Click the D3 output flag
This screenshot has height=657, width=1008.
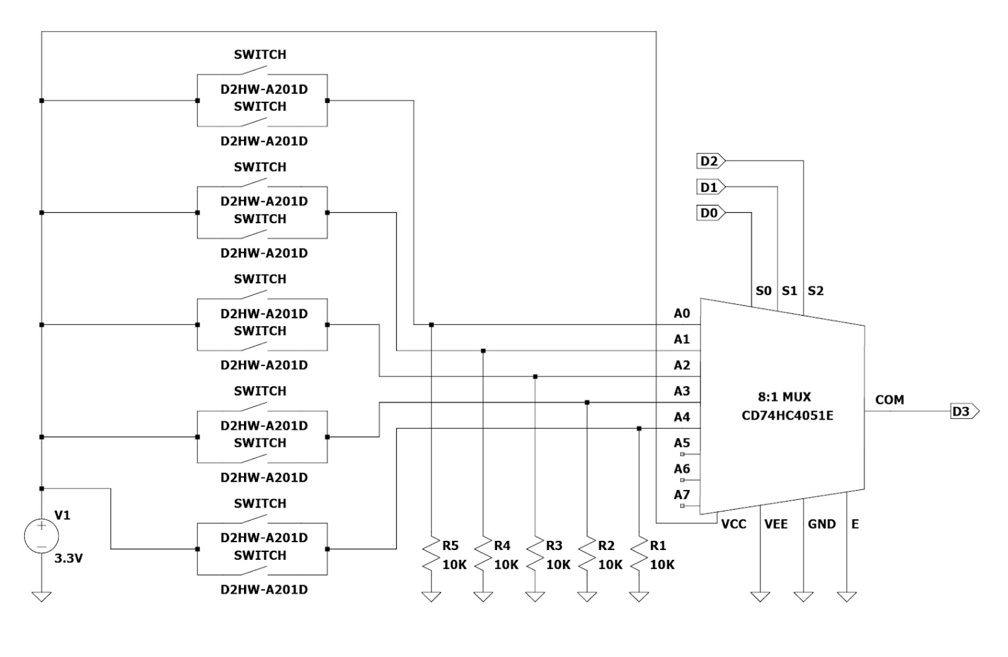964,411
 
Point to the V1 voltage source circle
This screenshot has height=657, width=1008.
41,536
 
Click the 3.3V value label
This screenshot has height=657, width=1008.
68,559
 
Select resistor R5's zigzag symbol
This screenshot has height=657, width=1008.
431,555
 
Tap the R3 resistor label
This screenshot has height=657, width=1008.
554,545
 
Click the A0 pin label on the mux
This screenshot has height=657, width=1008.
682,314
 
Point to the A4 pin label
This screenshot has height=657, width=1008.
682,417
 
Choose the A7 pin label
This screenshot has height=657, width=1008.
682,495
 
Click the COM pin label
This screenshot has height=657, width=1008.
889,400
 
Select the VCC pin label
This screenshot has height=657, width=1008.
733,524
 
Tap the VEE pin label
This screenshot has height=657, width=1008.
776,524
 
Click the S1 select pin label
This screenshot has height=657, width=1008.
789,290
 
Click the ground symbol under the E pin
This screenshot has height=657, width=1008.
847,596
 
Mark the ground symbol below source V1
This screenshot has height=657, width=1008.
41,596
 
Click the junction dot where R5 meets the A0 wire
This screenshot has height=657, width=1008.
431,324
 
